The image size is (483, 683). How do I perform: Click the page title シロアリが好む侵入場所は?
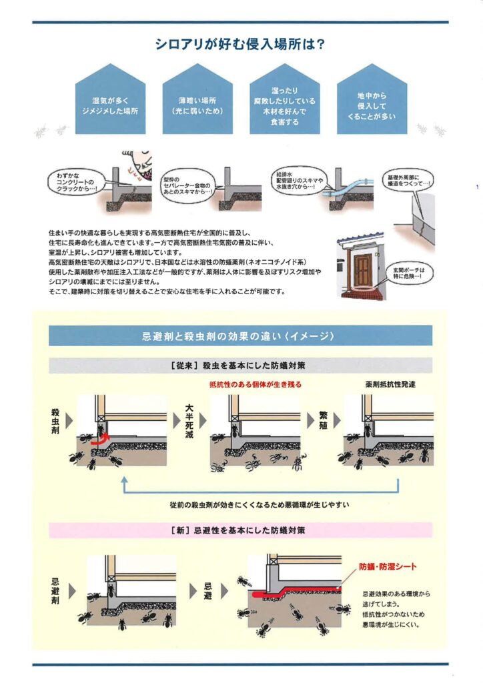[x=240, y=45]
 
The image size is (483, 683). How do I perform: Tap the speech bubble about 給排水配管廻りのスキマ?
[x=299, y=180]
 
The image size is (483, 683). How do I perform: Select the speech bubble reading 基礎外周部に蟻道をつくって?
[x=408, y=180]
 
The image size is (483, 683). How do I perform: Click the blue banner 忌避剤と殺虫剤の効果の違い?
[x=240, y=336]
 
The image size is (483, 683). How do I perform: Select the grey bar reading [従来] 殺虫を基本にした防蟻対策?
[x=240, y=366]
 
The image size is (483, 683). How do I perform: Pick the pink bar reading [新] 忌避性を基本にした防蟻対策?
[x=240, y=530]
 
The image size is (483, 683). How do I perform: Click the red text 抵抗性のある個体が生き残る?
[x=256, y=384]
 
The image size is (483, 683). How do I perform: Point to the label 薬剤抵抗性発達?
[x=391, y=384]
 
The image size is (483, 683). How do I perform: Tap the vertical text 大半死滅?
[x=189, y=422]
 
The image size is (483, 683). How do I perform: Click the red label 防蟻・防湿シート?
[x=388, y=567]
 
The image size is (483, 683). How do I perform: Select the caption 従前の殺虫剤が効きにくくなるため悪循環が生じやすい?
[x=260, y=505]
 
